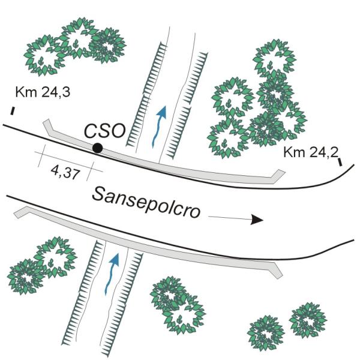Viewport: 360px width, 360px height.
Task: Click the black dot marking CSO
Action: [97, 148]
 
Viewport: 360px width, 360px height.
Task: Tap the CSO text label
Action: [104, 130]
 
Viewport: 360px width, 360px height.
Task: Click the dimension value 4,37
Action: [64, 172]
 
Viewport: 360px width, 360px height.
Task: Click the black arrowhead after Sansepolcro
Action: [257, 220]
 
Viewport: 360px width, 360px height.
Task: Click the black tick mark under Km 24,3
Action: [13, 110]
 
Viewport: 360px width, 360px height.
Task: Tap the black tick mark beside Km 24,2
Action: [340, 161]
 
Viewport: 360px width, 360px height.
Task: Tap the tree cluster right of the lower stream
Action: [176, 303]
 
